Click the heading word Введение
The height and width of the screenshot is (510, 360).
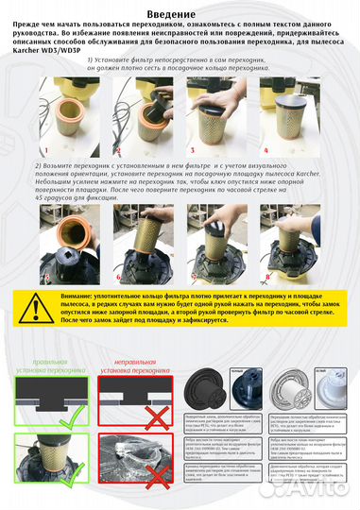[x=180, y=9]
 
